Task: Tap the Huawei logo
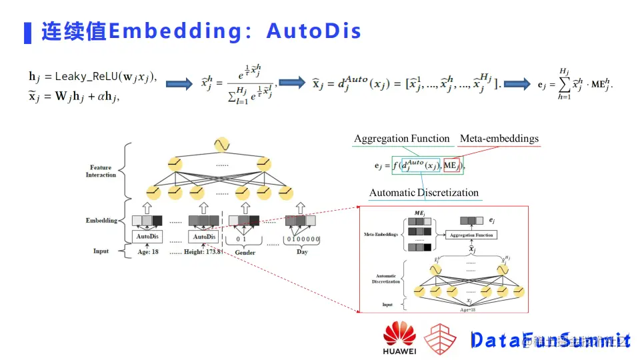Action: (x=399, y=337)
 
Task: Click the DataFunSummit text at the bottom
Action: (x=550, y=340)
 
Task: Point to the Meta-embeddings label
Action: (x=499, y=139)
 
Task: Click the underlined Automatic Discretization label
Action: (x=424, y=193)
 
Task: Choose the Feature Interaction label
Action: (x=101, y=171)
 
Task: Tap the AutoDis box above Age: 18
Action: (x=147, y=237)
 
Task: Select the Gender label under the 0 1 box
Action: (x=245, y=253)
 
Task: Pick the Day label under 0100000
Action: (x=302, y=253)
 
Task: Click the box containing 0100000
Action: (x=303, y=239)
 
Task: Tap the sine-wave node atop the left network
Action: (x=221, y=144)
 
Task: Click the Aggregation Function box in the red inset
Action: (x=471, y=235)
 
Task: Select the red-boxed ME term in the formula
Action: (x=451, y=164)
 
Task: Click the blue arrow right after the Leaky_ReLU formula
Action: (x=178, y=84)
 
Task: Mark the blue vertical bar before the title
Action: (x=27, y=31)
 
